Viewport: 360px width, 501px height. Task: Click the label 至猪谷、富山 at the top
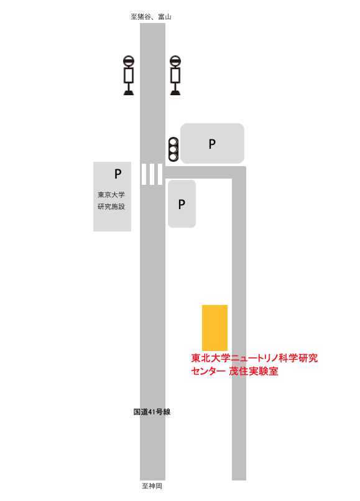(151, 17)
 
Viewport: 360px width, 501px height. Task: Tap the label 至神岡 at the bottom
(152, 486)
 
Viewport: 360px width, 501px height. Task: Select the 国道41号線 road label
(152, 412)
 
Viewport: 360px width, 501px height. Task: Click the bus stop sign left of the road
(129, 75)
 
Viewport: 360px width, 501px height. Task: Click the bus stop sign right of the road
(175, 75)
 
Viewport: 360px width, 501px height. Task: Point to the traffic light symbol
(173, 149)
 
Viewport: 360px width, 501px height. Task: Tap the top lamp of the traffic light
(173, 142)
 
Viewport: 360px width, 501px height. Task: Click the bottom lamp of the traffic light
(173, 157)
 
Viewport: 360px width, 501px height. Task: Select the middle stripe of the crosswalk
(152, 174)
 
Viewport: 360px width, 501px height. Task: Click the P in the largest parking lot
(212, 144)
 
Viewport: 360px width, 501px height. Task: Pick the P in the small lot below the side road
(182, 204)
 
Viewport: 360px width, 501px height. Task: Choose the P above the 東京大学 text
(118, 174)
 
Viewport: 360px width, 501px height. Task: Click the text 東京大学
(111, 195)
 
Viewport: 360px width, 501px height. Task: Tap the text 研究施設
(111, 207)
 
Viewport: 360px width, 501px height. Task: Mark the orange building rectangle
(215, 328)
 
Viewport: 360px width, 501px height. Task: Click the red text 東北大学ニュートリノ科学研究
(254, 358)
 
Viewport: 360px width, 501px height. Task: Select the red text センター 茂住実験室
(234, 372)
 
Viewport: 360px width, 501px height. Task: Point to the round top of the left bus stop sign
(129, 61)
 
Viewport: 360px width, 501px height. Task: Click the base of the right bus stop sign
(175, 93)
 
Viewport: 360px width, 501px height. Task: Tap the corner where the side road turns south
(239, 172)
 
